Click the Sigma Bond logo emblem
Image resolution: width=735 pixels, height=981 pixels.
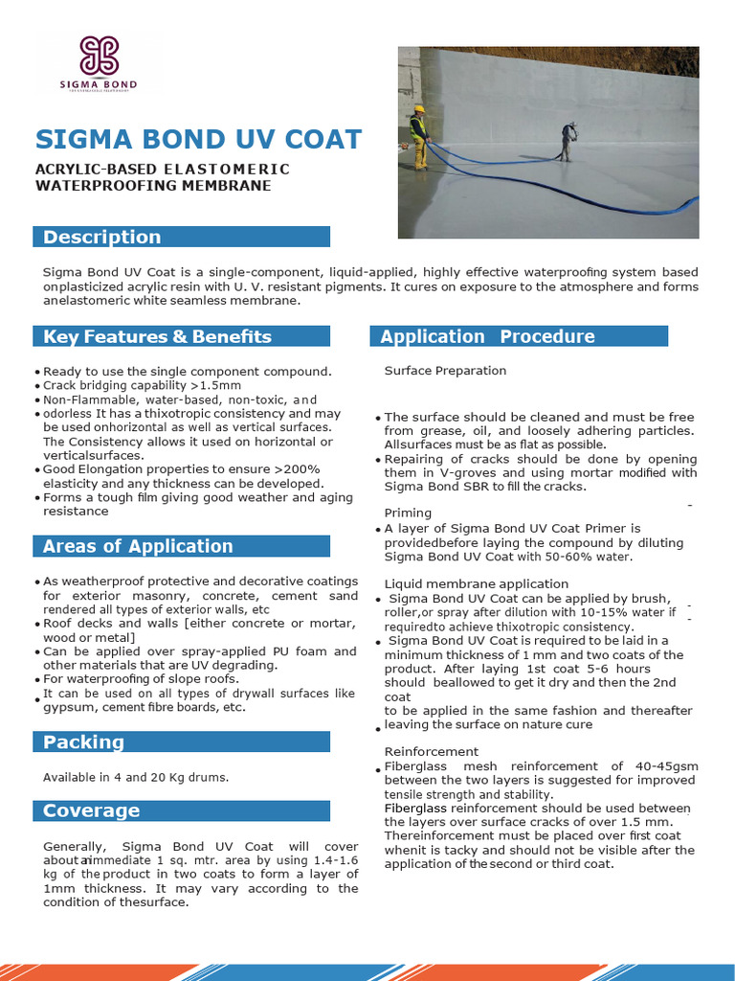pyautogui.click(x=100, y=56)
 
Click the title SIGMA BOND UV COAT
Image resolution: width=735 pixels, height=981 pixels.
pyautogui.click(x=198, y=139)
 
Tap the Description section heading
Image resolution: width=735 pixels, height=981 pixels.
pyautogui.click(x=102, y=237)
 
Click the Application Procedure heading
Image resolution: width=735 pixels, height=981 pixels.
pyautogui.click(x=487, y=336)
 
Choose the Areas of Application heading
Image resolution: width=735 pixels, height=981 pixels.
pyautogui.click(x=138, y=546)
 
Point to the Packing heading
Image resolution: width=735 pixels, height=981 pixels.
pyautogui.click(x=84, y=741)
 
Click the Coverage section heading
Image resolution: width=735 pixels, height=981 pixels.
pyautogui.click(x=92, y=810)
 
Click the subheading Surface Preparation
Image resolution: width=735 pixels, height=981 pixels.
pyautogui.click(x=445, y=371)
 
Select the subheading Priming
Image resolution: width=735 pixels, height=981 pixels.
pyautogui.click(x=408, y=513)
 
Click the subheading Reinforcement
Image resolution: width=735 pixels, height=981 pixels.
pyautogui.click(x=431, y=751)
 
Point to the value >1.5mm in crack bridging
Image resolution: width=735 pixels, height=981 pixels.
pyautogui.click(x=218, y=385)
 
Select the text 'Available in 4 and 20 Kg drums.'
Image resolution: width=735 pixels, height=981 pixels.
pyautogui.click(x=136, y=777)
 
